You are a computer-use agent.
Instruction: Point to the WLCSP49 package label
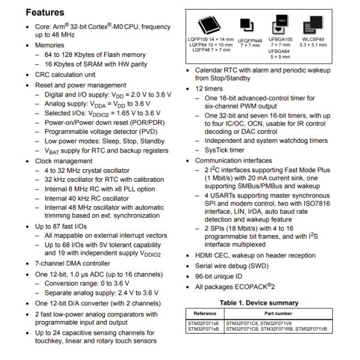coord(313,39)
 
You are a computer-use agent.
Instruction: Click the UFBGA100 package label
coord(281,39)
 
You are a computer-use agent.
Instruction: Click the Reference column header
coord(205,313)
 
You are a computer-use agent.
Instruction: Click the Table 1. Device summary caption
coord(259,302)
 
